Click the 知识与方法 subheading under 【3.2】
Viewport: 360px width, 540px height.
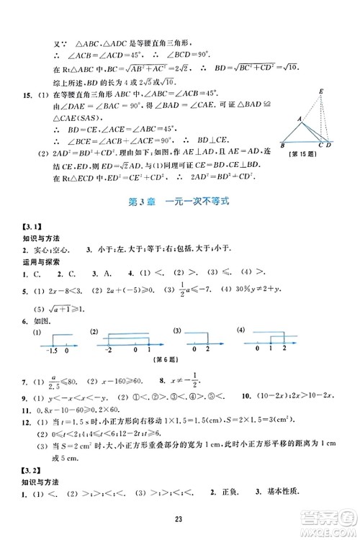point(42,482)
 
